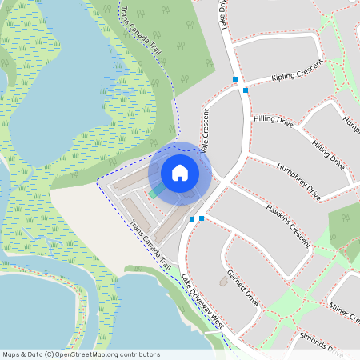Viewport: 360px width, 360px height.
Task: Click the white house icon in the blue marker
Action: point(180,172)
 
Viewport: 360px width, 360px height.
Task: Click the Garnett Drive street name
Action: point(242,289)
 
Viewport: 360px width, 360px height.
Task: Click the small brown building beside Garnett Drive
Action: point(222,282)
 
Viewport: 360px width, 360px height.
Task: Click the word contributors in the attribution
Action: point(141,354)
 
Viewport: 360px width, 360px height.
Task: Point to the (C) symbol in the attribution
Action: point(49,354)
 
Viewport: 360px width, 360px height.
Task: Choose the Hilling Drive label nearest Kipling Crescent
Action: point(274,122)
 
